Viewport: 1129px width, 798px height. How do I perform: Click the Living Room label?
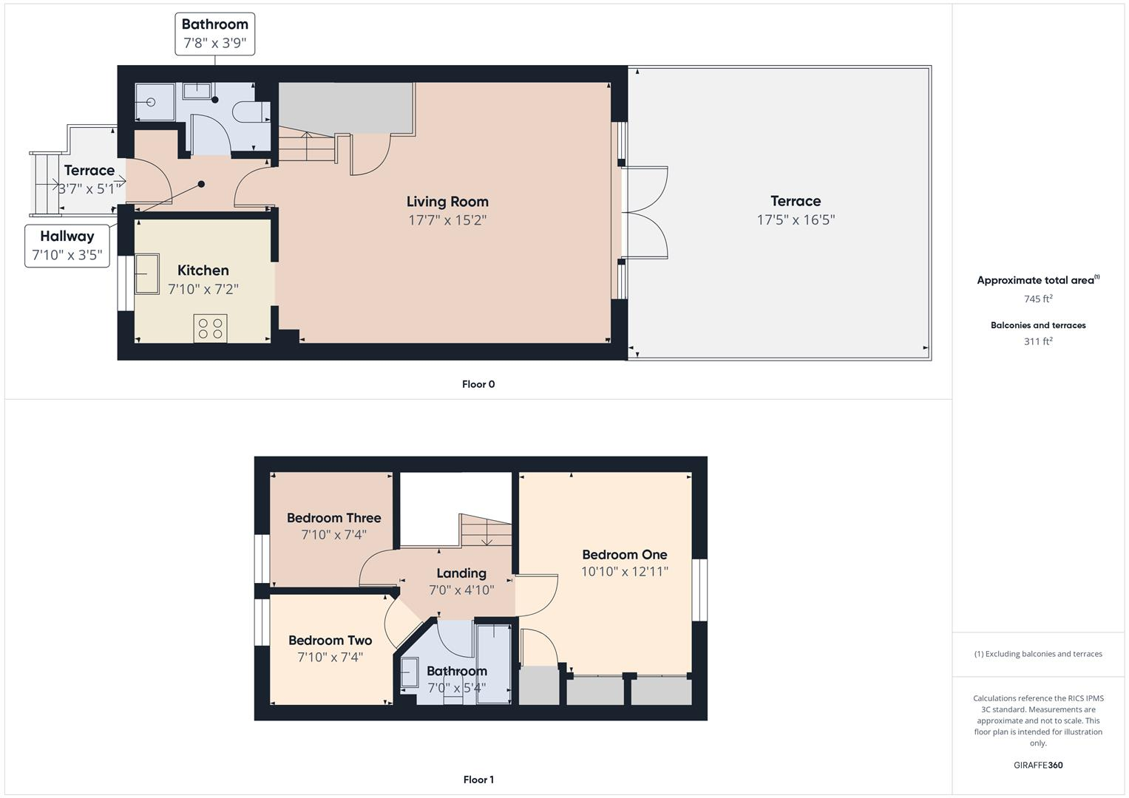pyautogui.click(x=447, y=202)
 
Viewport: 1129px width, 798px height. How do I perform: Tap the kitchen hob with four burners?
pyautogui.click(x=210, y=328)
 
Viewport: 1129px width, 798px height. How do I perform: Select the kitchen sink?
pyautogui.click(x=146, y=273)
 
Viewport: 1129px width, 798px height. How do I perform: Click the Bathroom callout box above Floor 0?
pyautogui.click(x=215, y=34)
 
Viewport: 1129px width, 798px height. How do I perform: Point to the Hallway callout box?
pyautogui.click(x=67, y=245)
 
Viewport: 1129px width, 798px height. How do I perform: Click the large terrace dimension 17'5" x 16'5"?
pyautogui.click(x=796, y=219)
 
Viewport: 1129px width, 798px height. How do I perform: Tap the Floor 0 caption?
pyautogui.click(x=478, y=384)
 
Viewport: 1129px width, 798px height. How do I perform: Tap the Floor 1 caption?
pyautogui.click(x=478, y=780)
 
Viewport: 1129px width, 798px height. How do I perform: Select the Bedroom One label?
pyautogui.click(x=624, y=555)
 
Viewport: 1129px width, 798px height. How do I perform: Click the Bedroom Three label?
pyautogui.click(x=333, y=518)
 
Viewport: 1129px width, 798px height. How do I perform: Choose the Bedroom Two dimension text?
pyautogui.click(x=330, y=657)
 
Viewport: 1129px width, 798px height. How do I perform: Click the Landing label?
pyautogui.click(x=461, y=573)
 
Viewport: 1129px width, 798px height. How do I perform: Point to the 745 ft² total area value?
pyautogui.click(x=1038, y=299)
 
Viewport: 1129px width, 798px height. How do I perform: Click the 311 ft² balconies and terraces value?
pyautogui.click(x=1038, y=341)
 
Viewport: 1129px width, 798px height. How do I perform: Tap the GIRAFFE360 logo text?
pyautogui.click(x=1038, y=765)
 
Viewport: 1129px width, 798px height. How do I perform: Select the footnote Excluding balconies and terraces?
pyautogui.click(x=1038, y=654)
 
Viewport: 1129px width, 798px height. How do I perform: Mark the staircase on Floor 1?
pyautogui.click(x=486, y=531)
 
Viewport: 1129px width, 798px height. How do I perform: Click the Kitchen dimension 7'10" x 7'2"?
pyautogui.click(x=203, y=289)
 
